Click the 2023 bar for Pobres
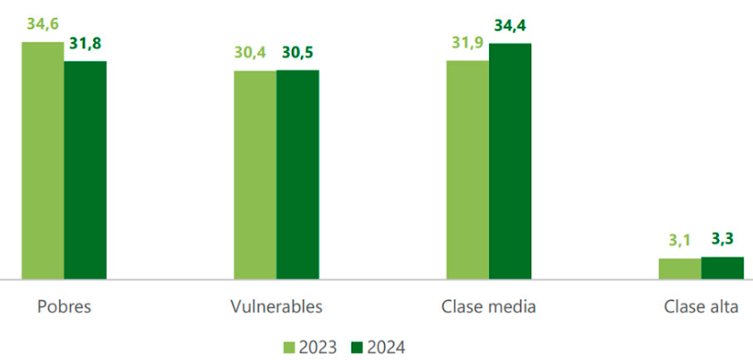coord(43,161)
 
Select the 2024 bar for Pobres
coord(85,170)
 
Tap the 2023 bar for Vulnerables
coord(255,176)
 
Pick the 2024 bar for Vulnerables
coord(297,176)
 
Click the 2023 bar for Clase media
coord(467,170)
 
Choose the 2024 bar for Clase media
coord(509,161)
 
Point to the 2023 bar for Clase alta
coord(680,269)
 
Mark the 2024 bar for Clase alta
coord(722,268)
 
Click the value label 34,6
coord(43,24)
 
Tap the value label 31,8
coord(86,44)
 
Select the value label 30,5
coord(298,53)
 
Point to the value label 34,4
coord(509,26)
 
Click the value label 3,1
coord(680,241)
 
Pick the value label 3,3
coord(722,239)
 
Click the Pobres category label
coord(64,306)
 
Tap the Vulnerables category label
coord(276,306)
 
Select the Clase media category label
coord(489,306)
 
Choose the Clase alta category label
coord(701,306)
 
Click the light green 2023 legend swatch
coord(289,347)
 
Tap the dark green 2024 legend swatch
coord(355,347)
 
